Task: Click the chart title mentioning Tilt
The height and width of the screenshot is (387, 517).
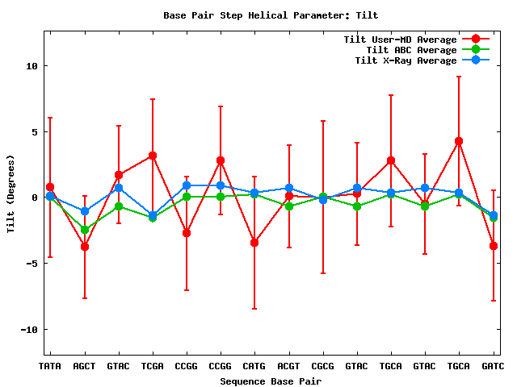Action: (x=271, y=15)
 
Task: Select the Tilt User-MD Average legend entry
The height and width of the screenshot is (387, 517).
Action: (x=401, y=40)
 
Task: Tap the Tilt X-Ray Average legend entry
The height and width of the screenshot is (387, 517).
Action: (x=406, y=60)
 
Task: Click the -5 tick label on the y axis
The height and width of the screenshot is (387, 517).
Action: (x=32, y=264)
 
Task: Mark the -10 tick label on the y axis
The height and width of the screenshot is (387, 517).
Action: (x=29, y=330)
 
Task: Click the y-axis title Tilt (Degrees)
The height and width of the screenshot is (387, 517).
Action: (x=11, y=196)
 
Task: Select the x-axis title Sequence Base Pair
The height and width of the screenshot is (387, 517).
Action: (x=270, y=381)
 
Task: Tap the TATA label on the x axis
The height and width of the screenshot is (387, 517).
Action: (x=50, y=367)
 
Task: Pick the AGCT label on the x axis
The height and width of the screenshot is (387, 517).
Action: (x=84, y=367)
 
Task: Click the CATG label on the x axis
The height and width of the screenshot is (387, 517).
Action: (x=254, y=367)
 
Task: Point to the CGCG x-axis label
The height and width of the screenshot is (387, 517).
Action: (x=322, y=367)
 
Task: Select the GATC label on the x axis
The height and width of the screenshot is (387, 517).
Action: (x=493, y=367)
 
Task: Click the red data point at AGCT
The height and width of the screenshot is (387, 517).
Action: (x=84, y=247)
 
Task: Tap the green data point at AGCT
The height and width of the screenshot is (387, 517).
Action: (x=84, y=230)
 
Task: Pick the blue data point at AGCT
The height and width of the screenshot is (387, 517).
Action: (x=84, y=211)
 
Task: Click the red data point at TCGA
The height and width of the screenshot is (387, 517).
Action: (x=153, y=156)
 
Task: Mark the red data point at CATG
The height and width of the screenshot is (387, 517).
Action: (x=254, y=243)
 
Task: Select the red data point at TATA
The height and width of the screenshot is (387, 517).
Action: (x=50, y=187)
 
